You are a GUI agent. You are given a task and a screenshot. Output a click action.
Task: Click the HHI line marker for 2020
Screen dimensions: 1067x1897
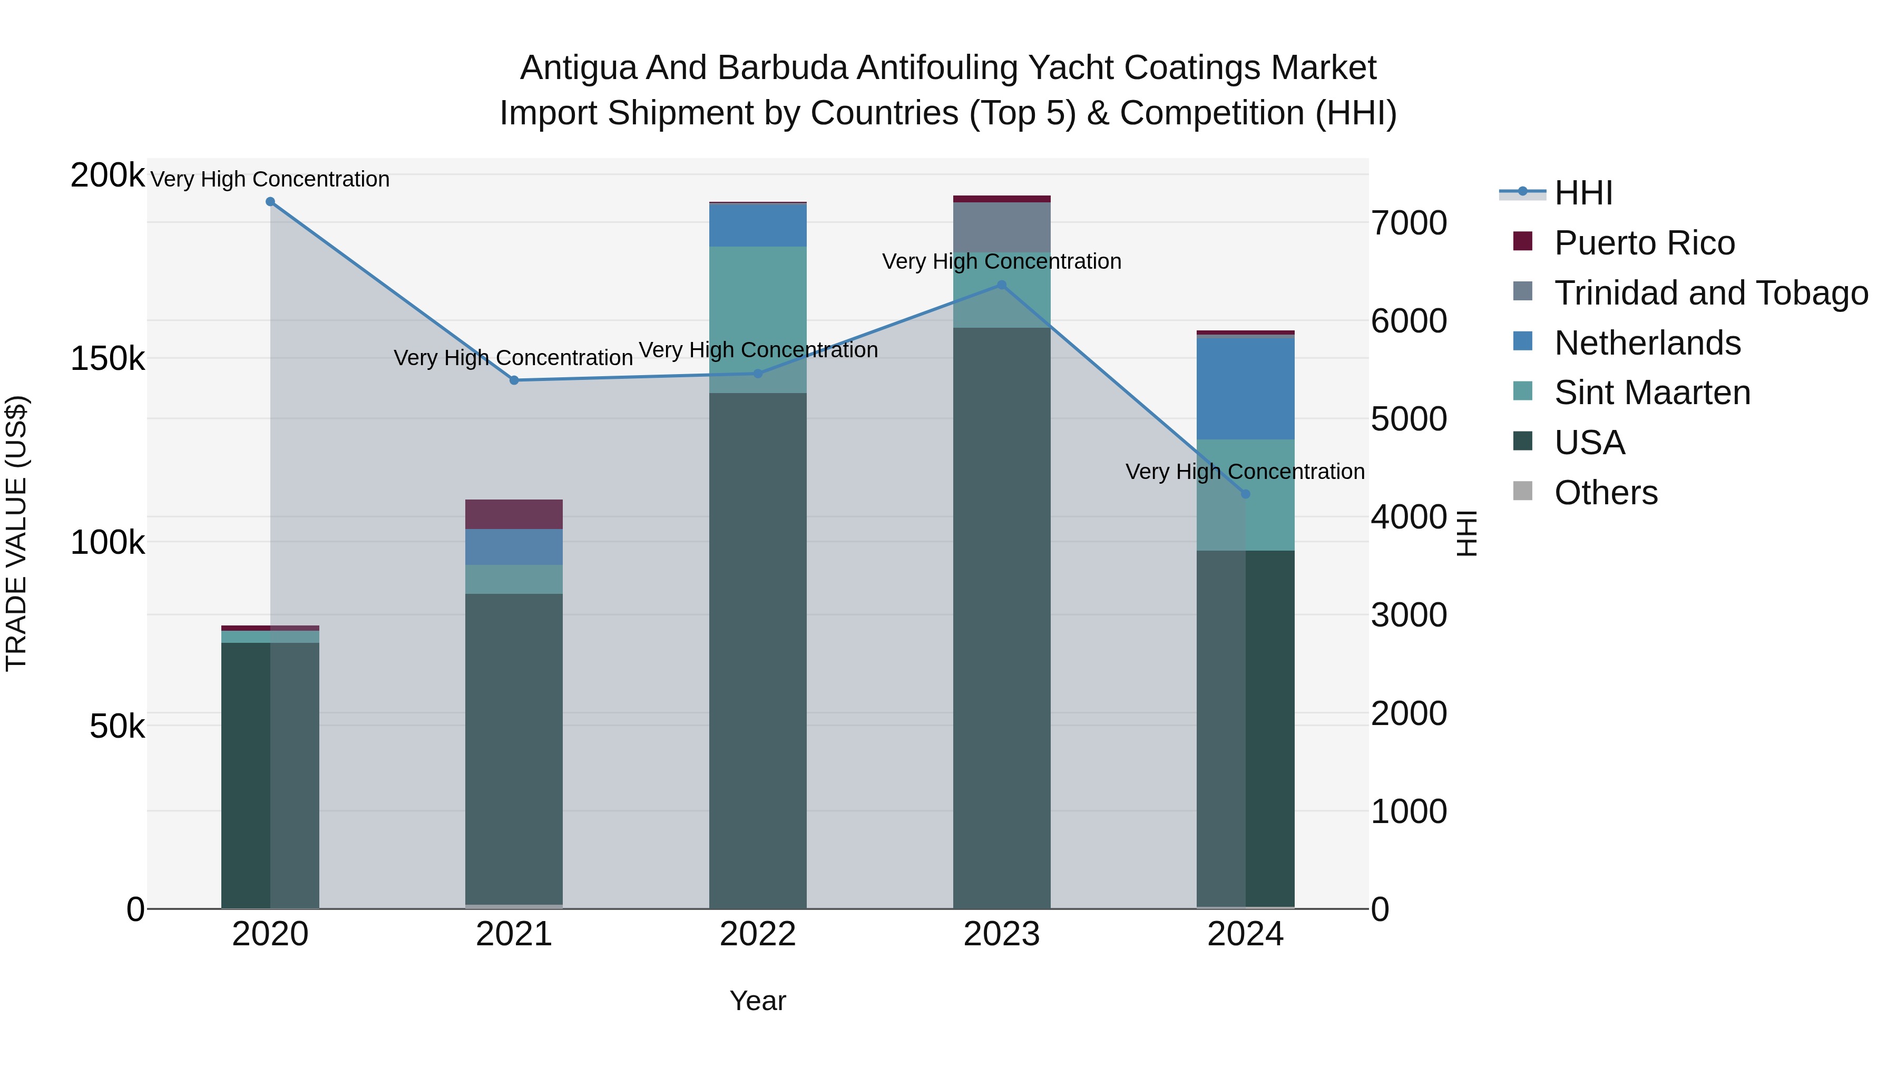[x=270, y=202]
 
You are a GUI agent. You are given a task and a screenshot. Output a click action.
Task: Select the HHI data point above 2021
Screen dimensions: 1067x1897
[x=514, y=380]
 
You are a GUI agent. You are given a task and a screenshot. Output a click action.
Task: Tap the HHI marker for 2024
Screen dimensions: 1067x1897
[x=1245, y=494]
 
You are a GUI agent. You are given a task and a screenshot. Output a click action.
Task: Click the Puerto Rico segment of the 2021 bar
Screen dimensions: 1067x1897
[x=514, y=514]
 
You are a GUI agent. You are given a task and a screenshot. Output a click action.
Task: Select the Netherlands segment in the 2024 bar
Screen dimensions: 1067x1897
[x=1245, y=388]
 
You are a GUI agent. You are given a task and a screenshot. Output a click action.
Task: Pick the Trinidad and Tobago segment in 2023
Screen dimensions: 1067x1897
[x=1002, y=227]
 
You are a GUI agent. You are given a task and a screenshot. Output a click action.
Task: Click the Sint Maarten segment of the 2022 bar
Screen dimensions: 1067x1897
[x=758, y=309]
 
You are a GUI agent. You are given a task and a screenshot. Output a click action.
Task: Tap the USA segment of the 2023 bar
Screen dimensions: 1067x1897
[x=1002, y=619]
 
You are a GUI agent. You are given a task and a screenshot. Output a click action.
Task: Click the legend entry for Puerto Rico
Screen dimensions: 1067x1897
[x=1644, y=243]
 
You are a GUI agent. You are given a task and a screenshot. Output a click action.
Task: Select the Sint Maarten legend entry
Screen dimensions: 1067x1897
[x=1652, y=393]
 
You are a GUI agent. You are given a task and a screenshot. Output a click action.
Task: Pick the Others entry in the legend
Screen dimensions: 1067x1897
[x=1606, y=493]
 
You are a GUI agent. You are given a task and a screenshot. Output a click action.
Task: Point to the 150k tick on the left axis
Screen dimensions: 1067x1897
[x=107, y=359]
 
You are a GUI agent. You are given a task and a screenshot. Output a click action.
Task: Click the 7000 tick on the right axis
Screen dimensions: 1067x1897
[x=1408, y=223]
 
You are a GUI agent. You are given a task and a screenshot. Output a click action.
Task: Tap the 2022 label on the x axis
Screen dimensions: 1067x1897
[x=758, y=934]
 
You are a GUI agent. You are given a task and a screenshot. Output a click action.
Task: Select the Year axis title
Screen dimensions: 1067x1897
[x=758, y=1001]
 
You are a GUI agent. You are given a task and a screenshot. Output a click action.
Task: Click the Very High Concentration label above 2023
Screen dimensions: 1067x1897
[x=1002, y=261]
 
